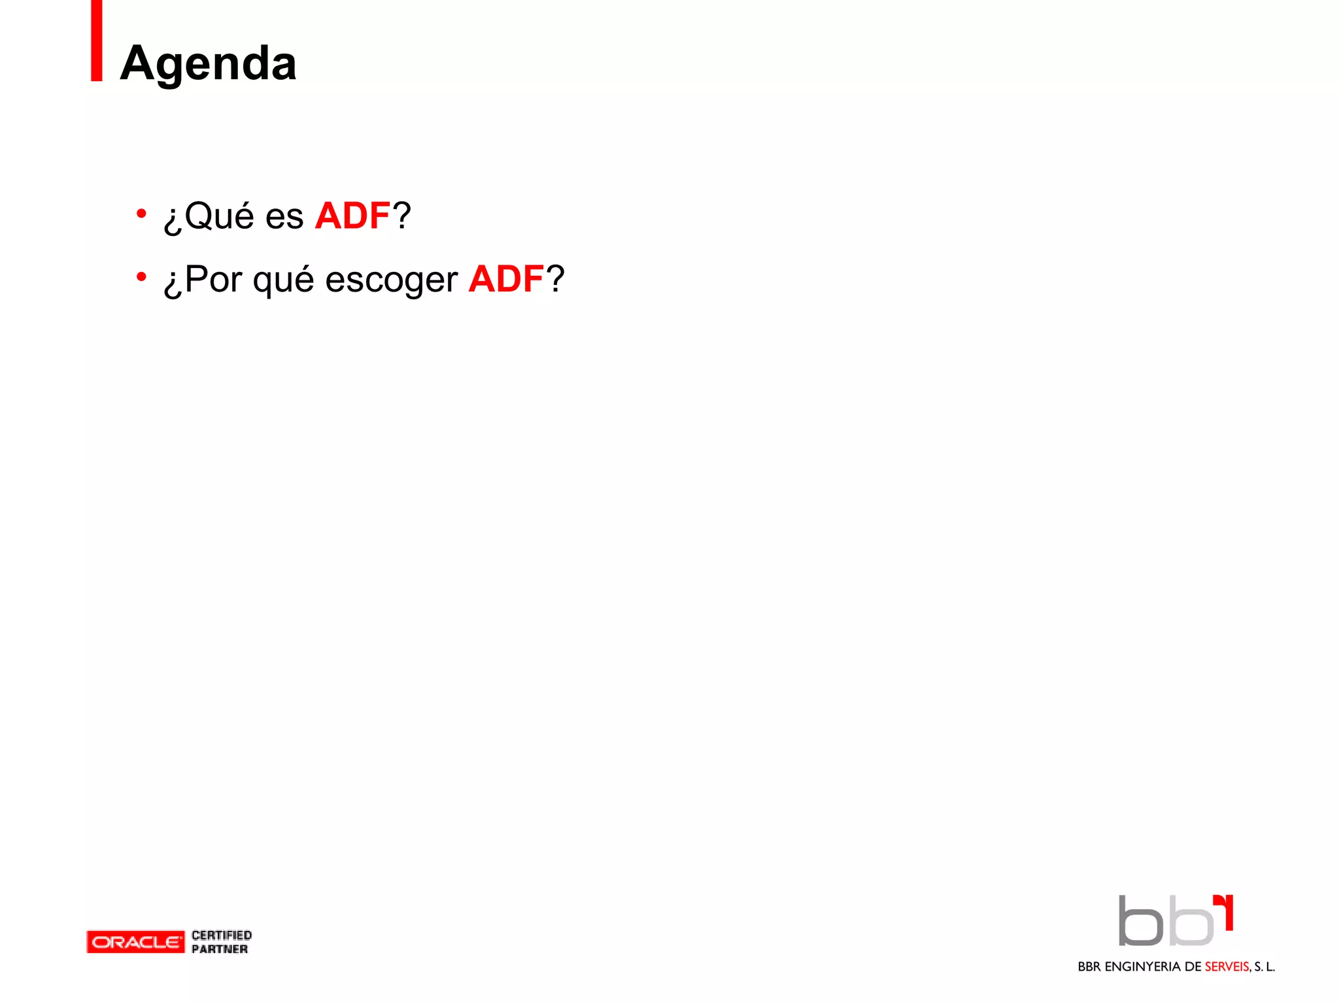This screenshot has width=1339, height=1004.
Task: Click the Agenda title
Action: point(208,63)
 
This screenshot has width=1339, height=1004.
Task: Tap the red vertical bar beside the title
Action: point(97,41)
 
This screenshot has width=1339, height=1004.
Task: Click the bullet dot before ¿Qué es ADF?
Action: point(141,214)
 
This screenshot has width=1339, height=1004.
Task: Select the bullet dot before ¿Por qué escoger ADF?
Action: point(141,277)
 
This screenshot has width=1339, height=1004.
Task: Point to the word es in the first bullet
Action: point(284,217)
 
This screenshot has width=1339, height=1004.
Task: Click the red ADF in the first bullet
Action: point(352,216)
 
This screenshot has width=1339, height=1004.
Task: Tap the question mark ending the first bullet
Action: point(401,216)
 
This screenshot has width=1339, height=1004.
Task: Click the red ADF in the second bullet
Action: point(506,279)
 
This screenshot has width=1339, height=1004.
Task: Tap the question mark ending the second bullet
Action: point(555,279)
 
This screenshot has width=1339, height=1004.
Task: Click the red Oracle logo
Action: point(135,942)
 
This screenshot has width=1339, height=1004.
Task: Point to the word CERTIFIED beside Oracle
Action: point(222,935)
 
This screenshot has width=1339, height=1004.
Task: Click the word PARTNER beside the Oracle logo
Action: point(220,949)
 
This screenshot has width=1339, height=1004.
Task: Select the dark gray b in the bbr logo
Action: point(1140,922)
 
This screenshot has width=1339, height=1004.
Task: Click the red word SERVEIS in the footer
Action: point(1227,967)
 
